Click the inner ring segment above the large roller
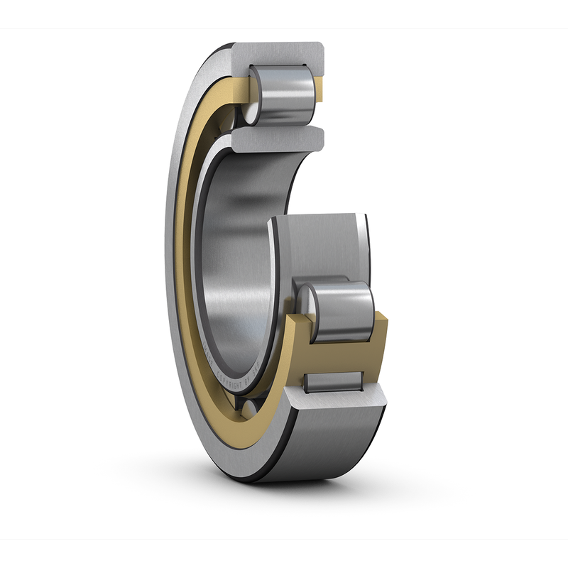tap(319, 241)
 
